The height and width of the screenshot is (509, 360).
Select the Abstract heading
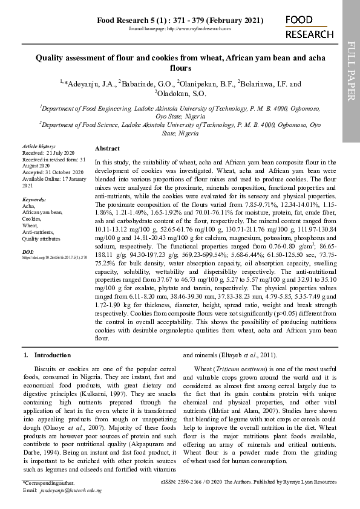(x=107, y=148)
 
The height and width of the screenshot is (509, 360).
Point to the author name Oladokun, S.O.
(x=182, y=94)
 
